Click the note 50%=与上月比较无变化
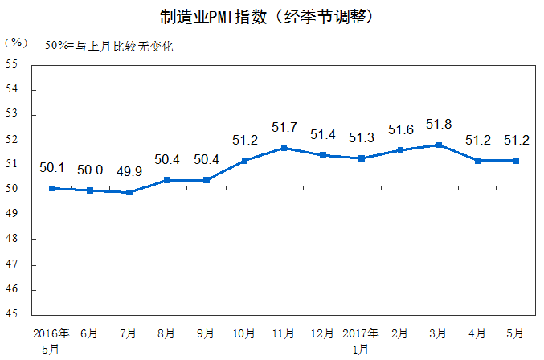(x=108, y=46)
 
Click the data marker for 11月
(x=284, y=148)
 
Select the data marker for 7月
(x=129, y=192)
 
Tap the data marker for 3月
(x=438, y=145)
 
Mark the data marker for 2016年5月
(x=51, y=188)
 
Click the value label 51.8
(x=439, y=124)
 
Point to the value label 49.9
(x=129, y=170)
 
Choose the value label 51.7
(x=284, y=127)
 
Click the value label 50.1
(x=51, y=167)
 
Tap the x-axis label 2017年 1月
(x=361, y=340)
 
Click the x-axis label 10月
(x=244, y=333)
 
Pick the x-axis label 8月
(x=167, y=333)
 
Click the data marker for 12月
(x=322, y=155)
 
